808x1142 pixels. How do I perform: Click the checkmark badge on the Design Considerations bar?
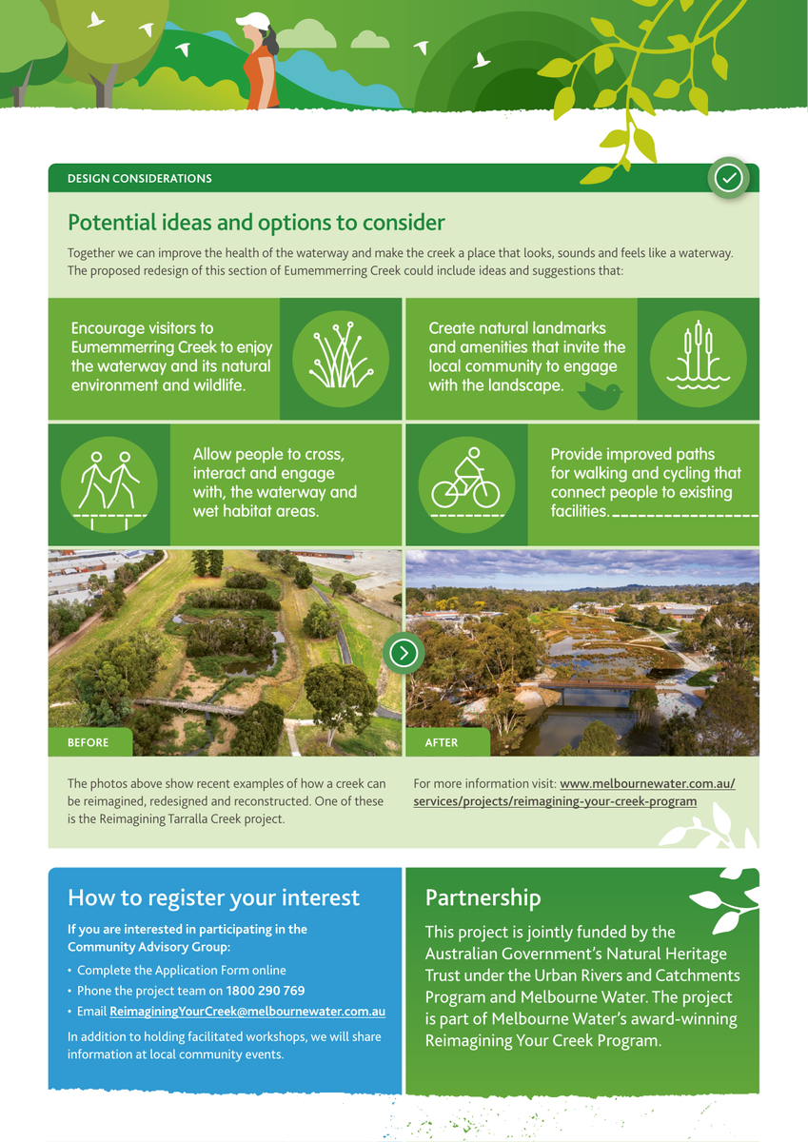coord(728,177)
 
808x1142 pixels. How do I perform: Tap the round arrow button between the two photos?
coord(404,653)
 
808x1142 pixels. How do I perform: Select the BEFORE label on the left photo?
coord(89,742)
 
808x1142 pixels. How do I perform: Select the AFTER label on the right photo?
coord(442,742)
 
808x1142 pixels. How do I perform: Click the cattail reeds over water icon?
coord(698,355)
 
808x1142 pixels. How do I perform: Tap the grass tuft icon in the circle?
coord(341,355)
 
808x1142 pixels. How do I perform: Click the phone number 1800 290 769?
coord(266,990)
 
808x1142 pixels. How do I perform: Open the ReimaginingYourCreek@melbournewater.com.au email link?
coord(247,1011)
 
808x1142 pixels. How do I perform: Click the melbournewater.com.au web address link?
coord(575,792)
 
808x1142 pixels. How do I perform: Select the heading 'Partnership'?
coord(483,897)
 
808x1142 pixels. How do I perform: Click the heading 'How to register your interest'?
coord(213,897)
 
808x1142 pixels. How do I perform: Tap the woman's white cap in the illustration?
coord(253,21)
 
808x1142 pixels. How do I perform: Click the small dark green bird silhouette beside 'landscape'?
coord(600,396)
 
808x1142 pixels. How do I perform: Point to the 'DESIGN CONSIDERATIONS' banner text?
coord(140,179)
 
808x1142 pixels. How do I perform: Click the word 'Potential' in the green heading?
coord(112,223)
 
